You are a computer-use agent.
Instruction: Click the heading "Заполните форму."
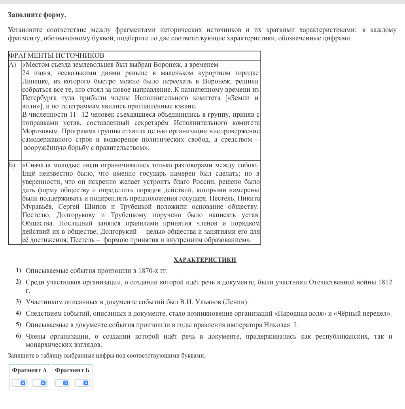37,15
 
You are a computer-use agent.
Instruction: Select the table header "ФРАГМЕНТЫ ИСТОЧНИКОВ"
56,55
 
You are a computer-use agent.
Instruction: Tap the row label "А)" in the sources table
13,64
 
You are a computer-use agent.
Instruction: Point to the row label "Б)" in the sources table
13,165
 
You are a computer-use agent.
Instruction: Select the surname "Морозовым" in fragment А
41,131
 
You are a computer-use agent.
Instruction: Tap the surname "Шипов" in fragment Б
95,207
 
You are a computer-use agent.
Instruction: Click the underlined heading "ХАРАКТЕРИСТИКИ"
204,260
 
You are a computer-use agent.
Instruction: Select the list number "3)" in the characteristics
19,301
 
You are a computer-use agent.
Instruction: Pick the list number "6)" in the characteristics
19,336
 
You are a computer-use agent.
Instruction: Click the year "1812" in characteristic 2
385,282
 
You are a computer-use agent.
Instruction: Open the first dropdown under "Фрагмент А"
19,383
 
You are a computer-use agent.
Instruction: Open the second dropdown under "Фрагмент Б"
82,383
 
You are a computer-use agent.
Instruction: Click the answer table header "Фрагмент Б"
72,370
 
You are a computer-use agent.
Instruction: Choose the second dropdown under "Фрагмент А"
39,383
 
